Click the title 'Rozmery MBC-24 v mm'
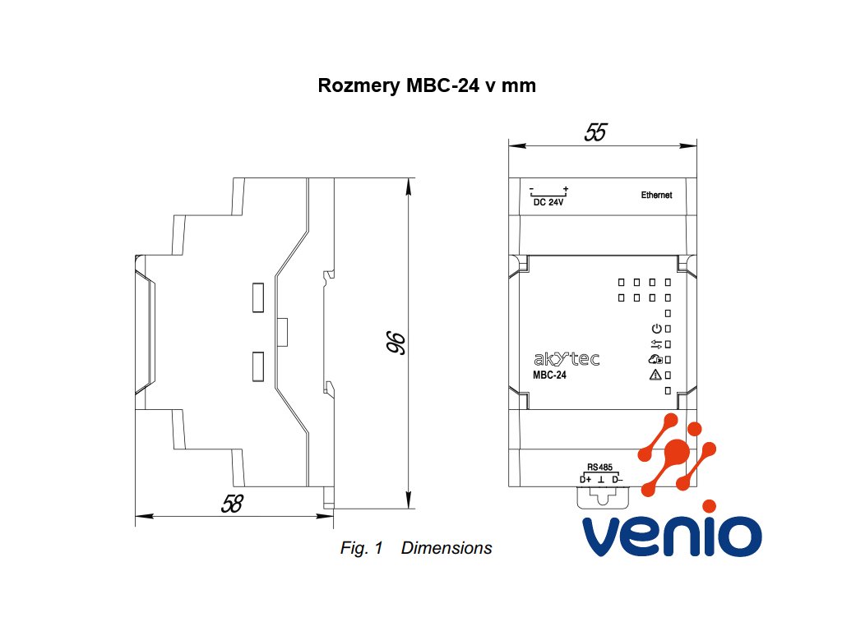click(x=427, y=85)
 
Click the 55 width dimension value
click(x=594, y=132)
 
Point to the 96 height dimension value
click(x=394, y=344)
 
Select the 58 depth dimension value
click(x=233, y=504)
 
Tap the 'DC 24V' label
click(x=548, y=202)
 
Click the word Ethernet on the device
click(x=656, y=196)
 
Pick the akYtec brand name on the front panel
click(x=567, y=359)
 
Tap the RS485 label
click(x=600, y=466)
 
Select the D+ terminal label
click(x=585, y=479)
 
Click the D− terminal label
click(x=618, y=479)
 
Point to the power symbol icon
click(x=655, y=329)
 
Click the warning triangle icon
click(x=655, y=375)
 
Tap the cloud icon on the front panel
click(x=655, y=360)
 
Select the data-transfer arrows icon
click(x=655, y=344)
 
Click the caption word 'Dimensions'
click(x=446, y=548)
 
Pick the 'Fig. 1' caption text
click(x=362, y=548)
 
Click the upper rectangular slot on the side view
click(x=257, y=297)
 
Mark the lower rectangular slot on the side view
click(x=257, y=366)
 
